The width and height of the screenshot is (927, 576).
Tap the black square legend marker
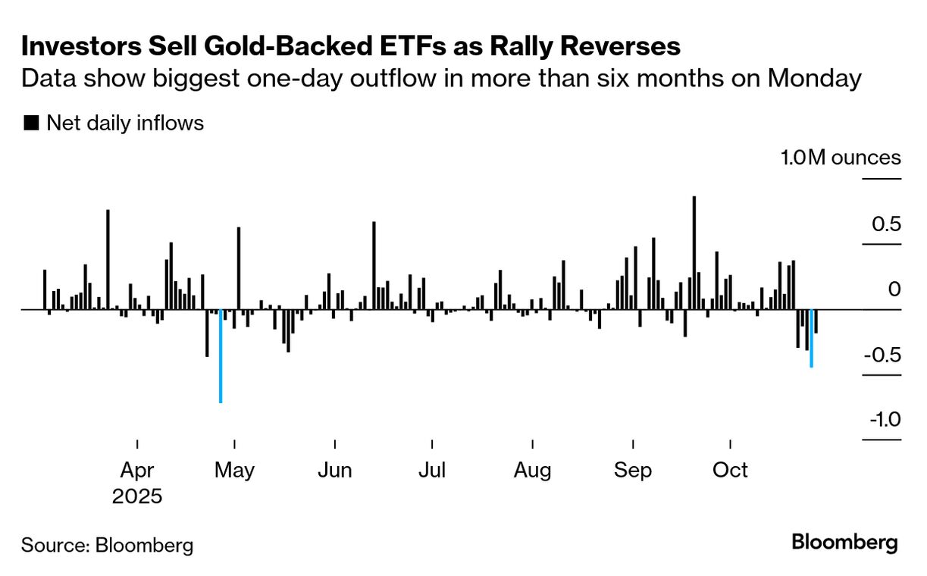click(x=31, y=124)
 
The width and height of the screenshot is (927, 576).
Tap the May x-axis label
click(x=234, y=470)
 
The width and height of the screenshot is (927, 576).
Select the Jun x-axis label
click(x=334, y=470)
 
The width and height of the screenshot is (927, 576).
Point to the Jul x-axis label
click(x=431, y=470)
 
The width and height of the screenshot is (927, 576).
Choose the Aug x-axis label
click(x=532, y=470)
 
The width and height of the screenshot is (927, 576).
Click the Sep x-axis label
click(x=633, y=470)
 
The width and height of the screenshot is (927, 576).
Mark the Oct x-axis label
click(x=731, y=470)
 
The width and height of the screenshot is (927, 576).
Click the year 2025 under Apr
click(x=137, y=497)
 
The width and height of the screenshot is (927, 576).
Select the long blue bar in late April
click(x=221, y=356)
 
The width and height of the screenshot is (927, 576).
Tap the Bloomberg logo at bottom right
click(x=844, y=543)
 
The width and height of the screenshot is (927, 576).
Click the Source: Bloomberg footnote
click(x=107, y=545)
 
